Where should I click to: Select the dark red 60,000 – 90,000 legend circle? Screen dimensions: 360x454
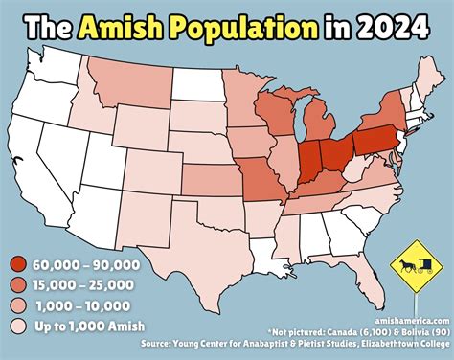[x=18, y=265]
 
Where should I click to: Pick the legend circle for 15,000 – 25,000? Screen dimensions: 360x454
[x=18, y=285]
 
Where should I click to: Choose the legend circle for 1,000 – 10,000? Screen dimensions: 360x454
[x=18, y=305]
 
